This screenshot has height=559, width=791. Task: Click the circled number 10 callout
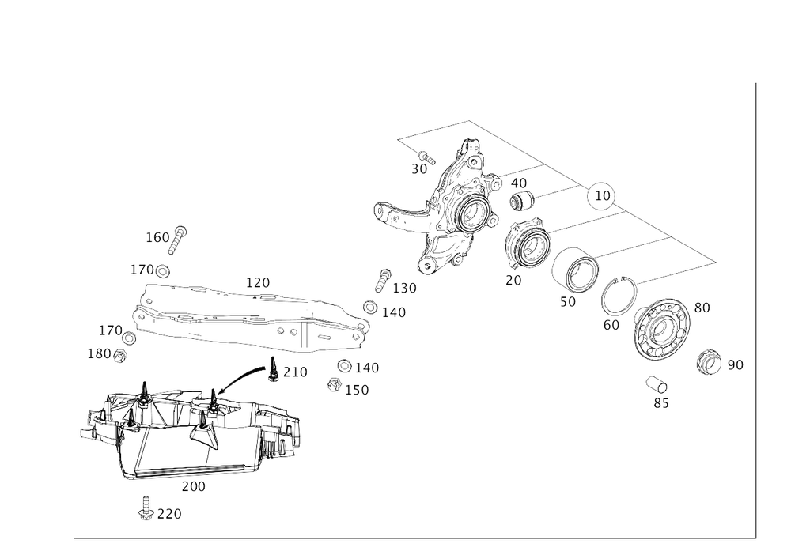click(603, 195)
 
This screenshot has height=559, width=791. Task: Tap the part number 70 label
click(513, 280)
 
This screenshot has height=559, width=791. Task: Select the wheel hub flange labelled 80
click(663, 333)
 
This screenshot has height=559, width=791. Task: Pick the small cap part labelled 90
click(709, 363)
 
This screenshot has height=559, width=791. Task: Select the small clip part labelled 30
click(657, 387)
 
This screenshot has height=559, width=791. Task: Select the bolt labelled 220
click(146, 508)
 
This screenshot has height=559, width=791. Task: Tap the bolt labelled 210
click(273, 370)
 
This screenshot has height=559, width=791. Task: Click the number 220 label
click(169, 515)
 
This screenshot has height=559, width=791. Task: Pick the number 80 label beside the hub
click(701, 307)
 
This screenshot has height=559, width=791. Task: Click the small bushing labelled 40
click(521, 202)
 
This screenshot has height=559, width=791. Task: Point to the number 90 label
click(736, 365)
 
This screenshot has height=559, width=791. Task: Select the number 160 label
click(157, 236)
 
